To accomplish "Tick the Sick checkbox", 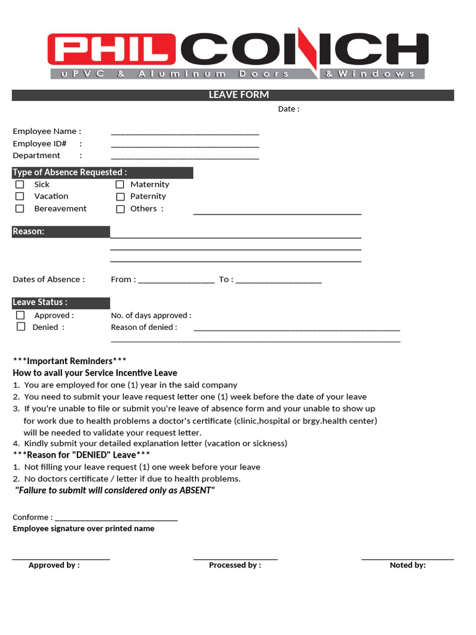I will click(x=20, y=184).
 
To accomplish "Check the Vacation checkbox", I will click(x=20, y=197).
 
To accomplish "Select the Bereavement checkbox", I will click(x=20, y=209).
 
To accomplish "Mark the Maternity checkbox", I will click(x=120, y=185).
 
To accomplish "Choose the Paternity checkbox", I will click(x=120, y=197).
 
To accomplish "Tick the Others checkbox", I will click(x=120, y=209).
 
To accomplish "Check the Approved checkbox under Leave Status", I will click(x=20, y=315).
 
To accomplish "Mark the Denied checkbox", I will click(x=20, y=327).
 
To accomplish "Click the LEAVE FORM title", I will click(x=239, y=95).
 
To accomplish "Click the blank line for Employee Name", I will click(x=185, y=133).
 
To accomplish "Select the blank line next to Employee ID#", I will click(x=185, y=145).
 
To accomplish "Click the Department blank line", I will click(x=185, y=158).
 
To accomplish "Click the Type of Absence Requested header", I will click(x=70, y=172).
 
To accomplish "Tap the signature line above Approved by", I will click(x=61, y=559).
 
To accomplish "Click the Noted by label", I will click(x=407, y=566).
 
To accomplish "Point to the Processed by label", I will click(x=235, y=566).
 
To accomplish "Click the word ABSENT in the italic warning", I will click(x=196, y=491).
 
